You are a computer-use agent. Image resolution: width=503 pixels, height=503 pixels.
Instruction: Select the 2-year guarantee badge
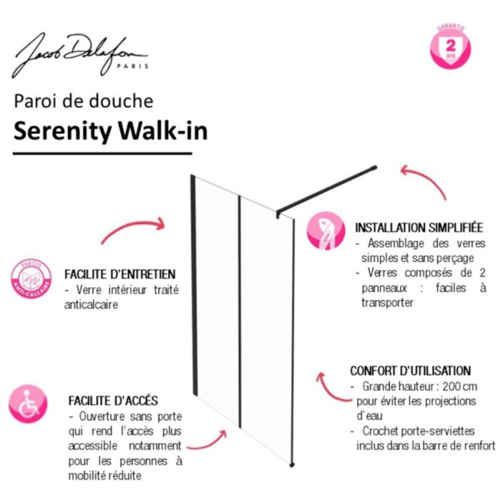click(451, 48)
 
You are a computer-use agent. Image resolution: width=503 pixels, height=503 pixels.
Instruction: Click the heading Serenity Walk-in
click(110, 131)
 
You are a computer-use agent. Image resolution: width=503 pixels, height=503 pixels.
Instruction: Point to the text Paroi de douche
click(84, 101)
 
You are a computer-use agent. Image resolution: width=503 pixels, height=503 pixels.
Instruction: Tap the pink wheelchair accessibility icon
click(28, 404)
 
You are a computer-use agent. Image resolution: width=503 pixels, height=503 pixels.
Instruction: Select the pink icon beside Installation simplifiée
click(326, 231)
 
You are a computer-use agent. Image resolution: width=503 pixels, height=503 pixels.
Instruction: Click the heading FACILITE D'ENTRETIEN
click(120, 274)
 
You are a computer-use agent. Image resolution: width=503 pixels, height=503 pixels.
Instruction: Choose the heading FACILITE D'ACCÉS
click(113, 401)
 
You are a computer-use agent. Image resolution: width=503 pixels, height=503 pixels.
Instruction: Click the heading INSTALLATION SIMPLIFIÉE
click(419, 228)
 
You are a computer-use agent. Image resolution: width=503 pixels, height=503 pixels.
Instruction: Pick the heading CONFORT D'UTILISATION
click(410, 371)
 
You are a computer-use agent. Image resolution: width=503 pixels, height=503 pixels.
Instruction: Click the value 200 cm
click(460, 386)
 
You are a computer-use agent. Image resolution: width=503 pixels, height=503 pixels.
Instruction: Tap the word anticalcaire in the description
click(91, 305)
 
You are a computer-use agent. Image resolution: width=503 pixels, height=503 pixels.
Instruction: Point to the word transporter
click(388, 303)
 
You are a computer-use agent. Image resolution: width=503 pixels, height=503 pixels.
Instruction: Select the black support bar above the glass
click(327, 189)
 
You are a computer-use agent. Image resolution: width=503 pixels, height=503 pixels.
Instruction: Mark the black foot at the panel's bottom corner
click(292, 465)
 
